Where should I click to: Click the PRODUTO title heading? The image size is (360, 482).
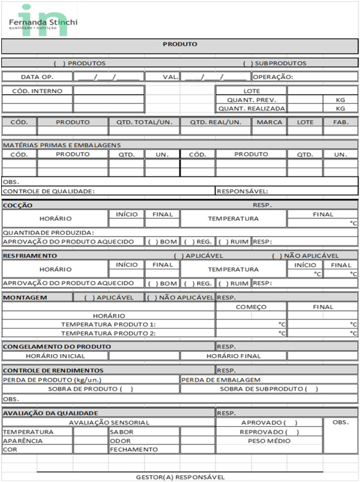(180, 44)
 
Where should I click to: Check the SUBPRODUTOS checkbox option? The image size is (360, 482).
(247, 63)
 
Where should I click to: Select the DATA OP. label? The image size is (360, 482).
(37, 77)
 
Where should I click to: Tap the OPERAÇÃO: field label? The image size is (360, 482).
(273, 77)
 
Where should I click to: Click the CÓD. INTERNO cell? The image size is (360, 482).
(37, 91)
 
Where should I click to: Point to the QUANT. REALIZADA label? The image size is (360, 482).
(251, 109)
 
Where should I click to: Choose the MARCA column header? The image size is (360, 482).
(269, 122)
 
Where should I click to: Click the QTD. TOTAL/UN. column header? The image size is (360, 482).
(144, 122)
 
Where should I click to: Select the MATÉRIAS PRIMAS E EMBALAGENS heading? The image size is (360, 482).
(62, 145)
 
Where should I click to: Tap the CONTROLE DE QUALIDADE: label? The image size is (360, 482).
(49, 191)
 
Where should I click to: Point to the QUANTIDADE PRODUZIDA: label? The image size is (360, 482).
(49, 232)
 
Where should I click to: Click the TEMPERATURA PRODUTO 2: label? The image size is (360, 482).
(109, 333)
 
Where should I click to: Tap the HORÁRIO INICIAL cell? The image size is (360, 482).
(55, 356)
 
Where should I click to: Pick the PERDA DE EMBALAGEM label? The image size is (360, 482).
(220, 379)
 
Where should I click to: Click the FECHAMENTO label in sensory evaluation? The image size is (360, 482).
(134, 449)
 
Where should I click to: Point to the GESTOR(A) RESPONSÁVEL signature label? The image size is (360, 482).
(180, 477)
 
